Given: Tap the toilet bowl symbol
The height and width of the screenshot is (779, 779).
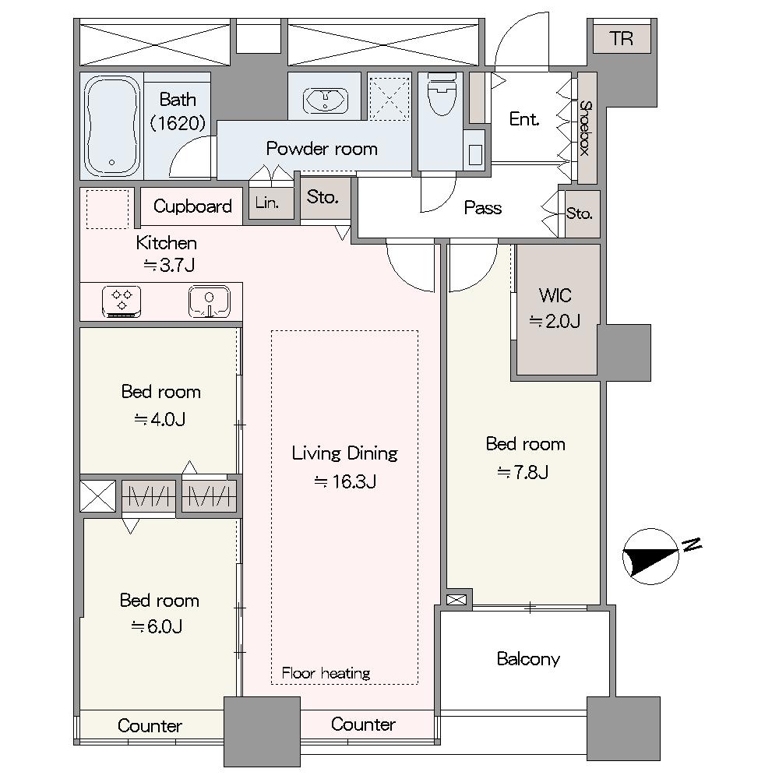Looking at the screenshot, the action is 441,94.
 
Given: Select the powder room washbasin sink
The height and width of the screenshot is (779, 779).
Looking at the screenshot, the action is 325,100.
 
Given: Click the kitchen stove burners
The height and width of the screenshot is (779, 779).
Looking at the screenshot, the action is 122,301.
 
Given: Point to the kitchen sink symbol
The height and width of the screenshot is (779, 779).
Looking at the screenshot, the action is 209,301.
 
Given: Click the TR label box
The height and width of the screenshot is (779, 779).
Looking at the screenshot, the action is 622,38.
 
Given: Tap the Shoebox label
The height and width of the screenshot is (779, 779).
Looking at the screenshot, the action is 587,129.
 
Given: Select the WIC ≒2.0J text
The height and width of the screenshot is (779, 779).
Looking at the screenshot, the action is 555,308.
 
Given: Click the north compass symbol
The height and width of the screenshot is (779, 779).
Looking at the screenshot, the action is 650,556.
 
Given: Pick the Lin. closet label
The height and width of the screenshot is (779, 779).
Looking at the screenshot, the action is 266,203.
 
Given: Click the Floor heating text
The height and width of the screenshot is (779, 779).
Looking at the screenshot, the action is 326,673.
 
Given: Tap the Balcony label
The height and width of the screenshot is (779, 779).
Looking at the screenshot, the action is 528,659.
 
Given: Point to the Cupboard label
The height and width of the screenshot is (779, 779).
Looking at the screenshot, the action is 192,206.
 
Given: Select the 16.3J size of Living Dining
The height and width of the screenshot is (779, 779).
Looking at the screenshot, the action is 345,481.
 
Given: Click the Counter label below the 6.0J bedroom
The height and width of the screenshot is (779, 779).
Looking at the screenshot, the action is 150,726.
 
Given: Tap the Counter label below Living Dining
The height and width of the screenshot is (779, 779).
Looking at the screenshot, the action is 363,724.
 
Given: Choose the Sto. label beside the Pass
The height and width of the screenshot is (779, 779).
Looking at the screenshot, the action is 580,213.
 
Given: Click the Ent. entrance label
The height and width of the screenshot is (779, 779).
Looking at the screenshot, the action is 524,118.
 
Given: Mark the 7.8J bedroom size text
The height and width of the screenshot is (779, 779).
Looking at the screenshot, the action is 523,472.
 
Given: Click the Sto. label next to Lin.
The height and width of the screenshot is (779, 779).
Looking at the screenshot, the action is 323,197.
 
